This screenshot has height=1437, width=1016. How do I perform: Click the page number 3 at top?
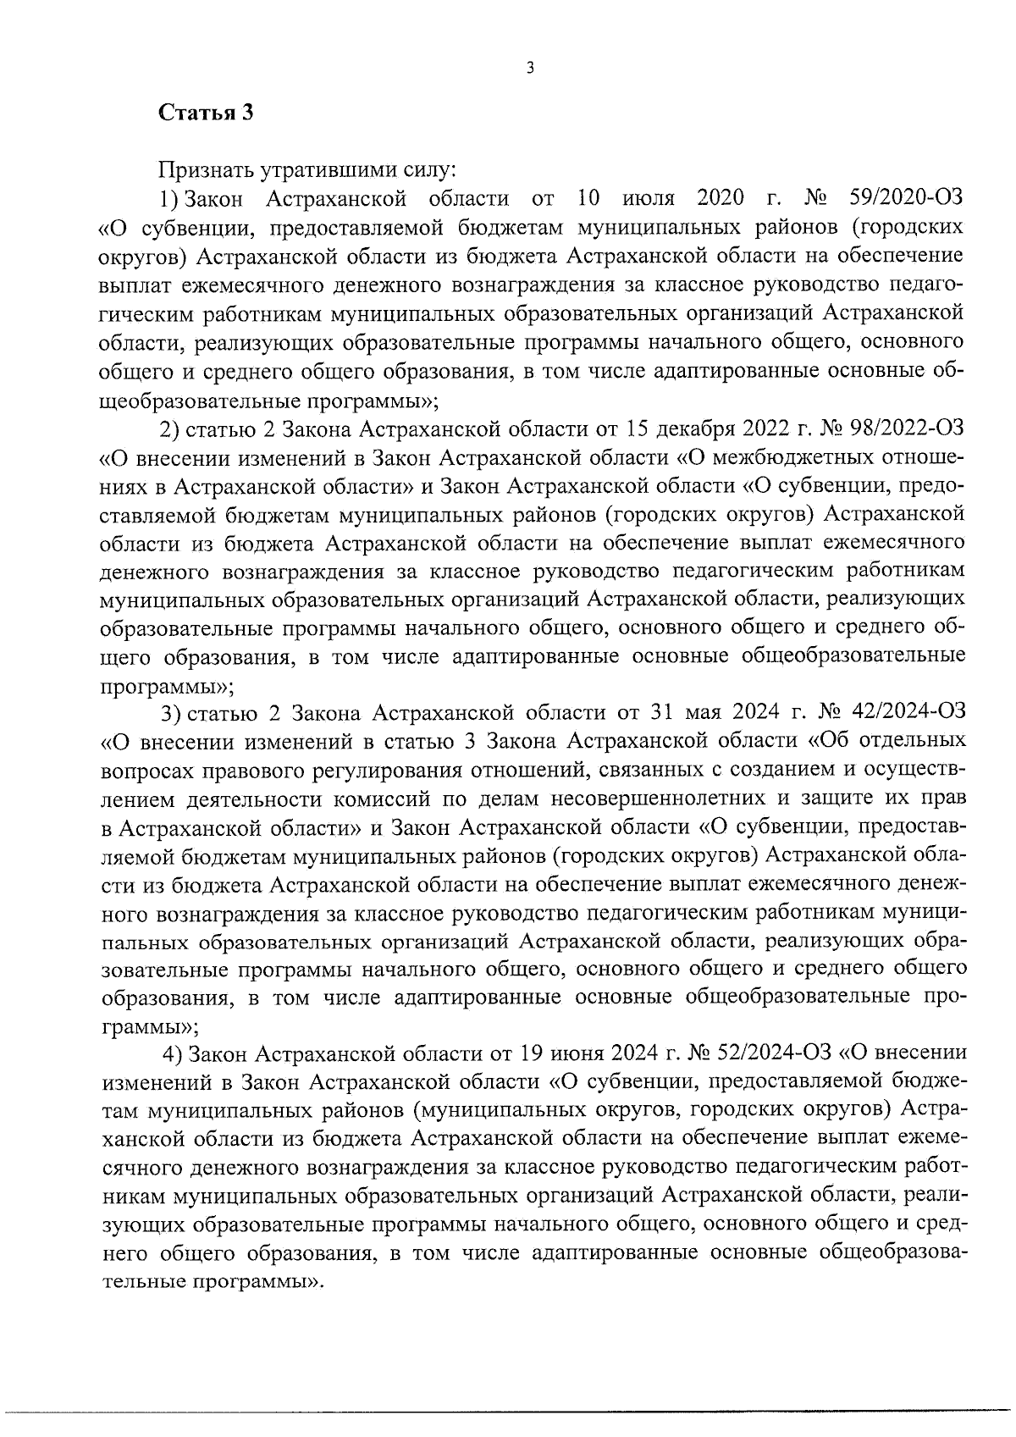coord(529,69)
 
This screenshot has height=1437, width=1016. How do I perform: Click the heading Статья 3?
coord(206,113)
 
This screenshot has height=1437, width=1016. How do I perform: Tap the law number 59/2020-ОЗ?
coord(905,199)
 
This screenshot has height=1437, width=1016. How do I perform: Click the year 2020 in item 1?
coord(721,199)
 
